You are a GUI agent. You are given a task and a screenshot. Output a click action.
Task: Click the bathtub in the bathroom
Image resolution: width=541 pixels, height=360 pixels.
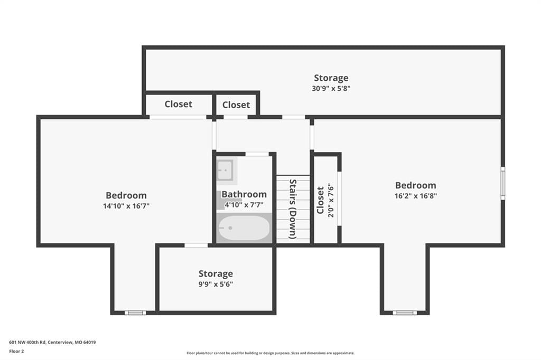(244, 228)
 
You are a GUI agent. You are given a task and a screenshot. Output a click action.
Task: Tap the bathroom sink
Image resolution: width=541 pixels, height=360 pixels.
(225, 169)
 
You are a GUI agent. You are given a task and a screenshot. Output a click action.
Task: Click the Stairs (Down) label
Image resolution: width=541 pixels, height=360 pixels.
(293, 209)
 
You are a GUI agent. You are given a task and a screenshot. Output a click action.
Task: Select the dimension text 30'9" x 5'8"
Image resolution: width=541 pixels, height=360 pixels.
(331, 88)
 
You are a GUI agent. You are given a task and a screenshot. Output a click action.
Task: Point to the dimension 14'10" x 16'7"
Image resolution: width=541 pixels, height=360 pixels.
(126, 206)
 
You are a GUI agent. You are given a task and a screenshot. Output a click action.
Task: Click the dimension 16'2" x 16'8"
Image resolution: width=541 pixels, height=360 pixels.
(416, 196)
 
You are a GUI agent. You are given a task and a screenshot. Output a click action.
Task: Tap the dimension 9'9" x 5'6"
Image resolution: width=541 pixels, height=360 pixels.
(216, 284)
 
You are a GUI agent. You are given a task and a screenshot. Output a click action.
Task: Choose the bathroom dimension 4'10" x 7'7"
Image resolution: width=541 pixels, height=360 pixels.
(244, 205)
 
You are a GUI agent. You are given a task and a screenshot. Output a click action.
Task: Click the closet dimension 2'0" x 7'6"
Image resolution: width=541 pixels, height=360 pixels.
(331, 201)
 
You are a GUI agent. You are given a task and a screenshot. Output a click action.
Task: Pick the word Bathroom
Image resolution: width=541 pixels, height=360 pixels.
(244, 194)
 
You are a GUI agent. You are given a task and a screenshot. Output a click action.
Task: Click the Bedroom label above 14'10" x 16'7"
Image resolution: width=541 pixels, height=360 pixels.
(126, 195)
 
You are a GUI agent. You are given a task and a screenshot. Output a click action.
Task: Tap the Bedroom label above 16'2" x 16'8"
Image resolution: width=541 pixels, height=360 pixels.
(416, 185)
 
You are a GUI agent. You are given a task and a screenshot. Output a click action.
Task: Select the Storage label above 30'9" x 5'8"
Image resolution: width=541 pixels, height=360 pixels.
(331, 78)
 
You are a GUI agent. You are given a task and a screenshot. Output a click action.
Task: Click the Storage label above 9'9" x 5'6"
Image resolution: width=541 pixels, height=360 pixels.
(216, 274)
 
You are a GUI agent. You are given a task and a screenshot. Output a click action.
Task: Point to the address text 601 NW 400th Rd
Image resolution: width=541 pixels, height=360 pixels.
(27, 343)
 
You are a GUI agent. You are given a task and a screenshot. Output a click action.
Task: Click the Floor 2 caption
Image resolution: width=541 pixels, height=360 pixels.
(16, 352)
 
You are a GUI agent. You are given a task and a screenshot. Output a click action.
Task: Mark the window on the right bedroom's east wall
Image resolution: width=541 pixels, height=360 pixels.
(503, 183)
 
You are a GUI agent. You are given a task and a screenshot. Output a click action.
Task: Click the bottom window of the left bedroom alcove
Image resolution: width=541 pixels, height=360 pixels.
(135, 313)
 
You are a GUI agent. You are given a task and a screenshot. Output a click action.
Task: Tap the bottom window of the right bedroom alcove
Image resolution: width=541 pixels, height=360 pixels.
(405, 313)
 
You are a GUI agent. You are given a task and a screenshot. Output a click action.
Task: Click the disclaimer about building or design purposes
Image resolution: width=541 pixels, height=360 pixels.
(270, 353)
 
